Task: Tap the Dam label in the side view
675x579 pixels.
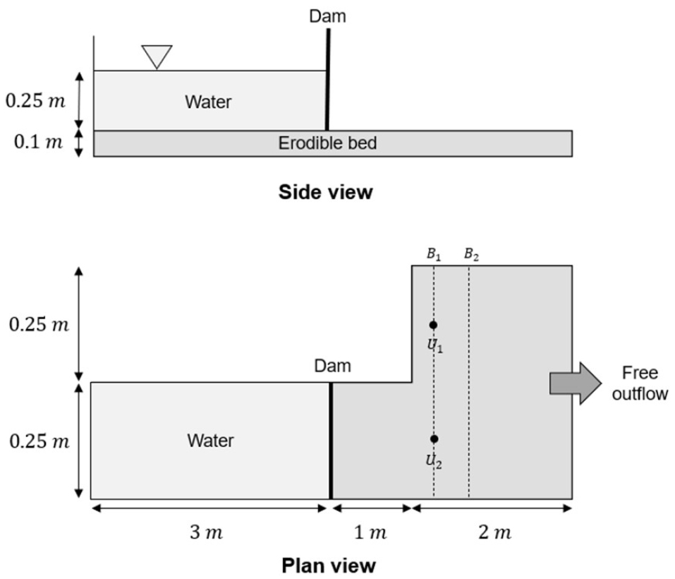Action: click(328, 16)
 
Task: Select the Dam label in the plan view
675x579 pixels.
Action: click(332, 366)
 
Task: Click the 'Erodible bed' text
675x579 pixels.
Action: click(327, 143)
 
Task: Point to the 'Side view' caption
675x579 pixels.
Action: click(325, 192)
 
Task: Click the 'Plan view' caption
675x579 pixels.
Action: click(329, 566)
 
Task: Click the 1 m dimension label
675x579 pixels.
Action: click(371, 533)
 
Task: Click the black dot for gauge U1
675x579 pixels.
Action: click(434, 325)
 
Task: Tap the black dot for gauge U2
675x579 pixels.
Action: click(434, 438)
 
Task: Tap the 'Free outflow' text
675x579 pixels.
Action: click(640, 383)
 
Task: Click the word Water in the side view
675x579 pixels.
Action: click(208, 102)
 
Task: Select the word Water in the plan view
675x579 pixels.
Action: click(210, 441)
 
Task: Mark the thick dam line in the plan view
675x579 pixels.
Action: click(330, 441)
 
